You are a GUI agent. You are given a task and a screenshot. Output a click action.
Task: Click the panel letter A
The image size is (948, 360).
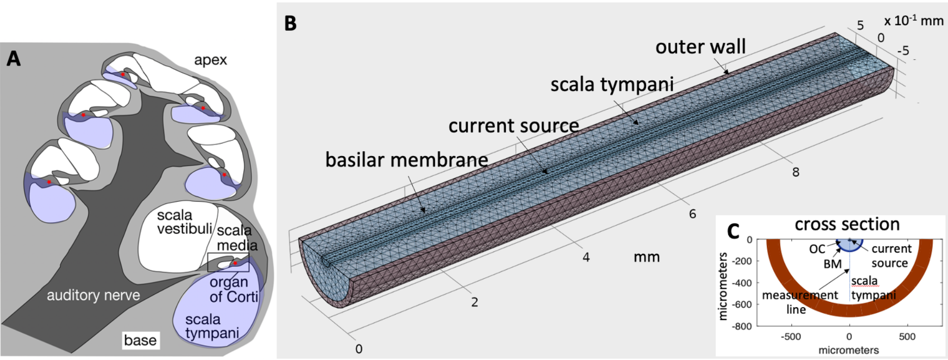(x=13, y=58)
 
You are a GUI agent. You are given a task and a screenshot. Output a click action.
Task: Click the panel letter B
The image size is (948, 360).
(x=290, y=23)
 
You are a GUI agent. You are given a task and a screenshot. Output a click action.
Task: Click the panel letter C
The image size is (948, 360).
(x=733, y=231)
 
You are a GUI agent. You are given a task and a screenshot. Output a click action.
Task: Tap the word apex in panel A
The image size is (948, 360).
(x=210, y=60)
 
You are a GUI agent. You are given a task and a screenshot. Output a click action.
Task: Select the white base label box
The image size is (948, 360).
(x=140, y=340)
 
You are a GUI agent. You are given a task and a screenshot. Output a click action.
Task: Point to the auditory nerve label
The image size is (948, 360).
(x=93, y=295)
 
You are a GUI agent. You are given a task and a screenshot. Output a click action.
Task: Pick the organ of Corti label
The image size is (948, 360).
(x=233, y=289)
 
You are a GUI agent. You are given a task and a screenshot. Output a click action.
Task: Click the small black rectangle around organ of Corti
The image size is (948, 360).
(x=228, y=262)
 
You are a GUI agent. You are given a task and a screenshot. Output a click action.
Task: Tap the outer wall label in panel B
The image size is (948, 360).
(x=700, y=47)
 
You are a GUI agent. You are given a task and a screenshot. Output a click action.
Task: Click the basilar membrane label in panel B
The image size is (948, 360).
(x=406, y=160)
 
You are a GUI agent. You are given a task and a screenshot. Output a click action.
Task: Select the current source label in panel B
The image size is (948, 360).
(x=513, y=126)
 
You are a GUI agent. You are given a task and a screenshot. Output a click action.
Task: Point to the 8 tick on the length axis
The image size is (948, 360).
(x=795, y=172)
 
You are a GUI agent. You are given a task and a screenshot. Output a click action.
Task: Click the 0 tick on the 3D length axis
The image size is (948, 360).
(x=359, y=349)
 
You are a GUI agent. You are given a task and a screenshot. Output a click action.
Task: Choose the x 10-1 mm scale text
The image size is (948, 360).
(x=913, y=21)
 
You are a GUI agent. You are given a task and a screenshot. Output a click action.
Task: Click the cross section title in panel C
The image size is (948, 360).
(x=847, y=224)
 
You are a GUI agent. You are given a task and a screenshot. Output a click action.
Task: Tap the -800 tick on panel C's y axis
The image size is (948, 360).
(x=742, y=326)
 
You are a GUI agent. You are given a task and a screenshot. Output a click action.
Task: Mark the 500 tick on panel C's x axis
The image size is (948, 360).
(x=907, y=337)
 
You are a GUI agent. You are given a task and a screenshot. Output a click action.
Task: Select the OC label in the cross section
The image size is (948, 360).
(x=817, y=249)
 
